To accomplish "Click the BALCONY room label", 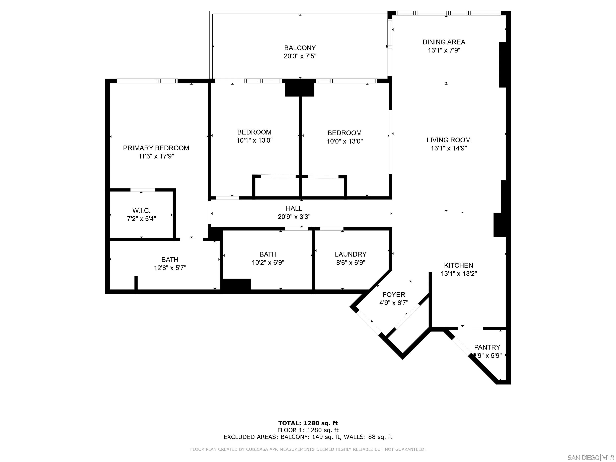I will pos(300,48).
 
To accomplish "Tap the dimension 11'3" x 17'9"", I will pos(156,156).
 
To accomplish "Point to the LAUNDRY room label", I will pos(350,254).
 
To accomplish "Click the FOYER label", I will pos(394,295).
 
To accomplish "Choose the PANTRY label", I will pos(487,347).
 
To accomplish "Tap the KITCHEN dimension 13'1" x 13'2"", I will pos(459,274).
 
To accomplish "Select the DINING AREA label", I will pos(444,42).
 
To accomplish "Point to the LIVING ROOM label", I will pos(448,140).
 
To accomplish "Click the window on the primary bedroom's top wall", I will pos(147,81).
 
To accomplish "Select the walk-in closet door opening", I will pos(143,190).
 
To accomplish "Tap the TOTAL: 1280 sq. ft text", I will pos(308,423).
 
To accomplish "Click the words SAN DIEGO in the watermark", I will pos(583,458).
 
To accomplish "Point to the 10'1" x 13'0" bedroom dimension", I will pos(254,140).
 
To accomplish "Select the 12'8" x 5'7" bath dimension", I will pos(170,268).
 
